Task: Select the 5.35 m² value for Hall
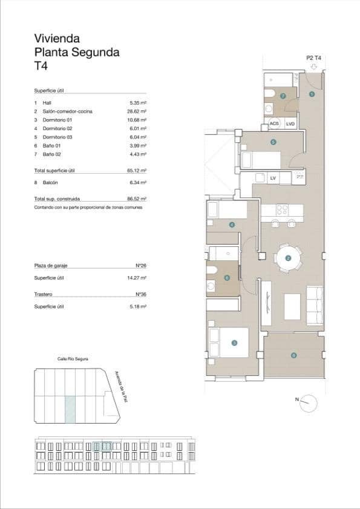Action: click(139, 103)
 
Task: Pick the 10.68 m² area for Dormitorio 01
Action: click(138, 120)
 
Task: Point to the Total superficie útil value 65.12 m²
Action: click(138, 171)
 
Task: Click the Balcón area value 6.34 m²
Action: click(139, 182)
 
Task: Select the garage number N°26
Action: click(142, 266)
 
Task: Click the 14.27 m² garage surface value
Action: click(138, 278)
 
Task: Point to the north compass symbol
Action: click(309, 401)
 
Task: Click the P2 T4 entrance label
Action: click(314, 58)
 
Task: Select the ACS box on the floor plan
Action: click(275, 124)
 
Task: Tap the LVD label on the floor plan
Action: click(290, 124)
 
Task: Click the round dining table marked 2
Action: click(288, 258)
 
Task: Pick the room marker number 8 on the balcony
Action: click(293, 355)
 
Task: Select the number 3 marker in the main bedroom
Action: click(234, 343)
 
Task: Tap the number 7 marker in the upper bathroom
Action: click(282, 96)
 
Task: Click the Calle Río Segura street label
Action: click(73, 359)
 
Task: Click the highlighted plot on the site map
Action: click(70, 409)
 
